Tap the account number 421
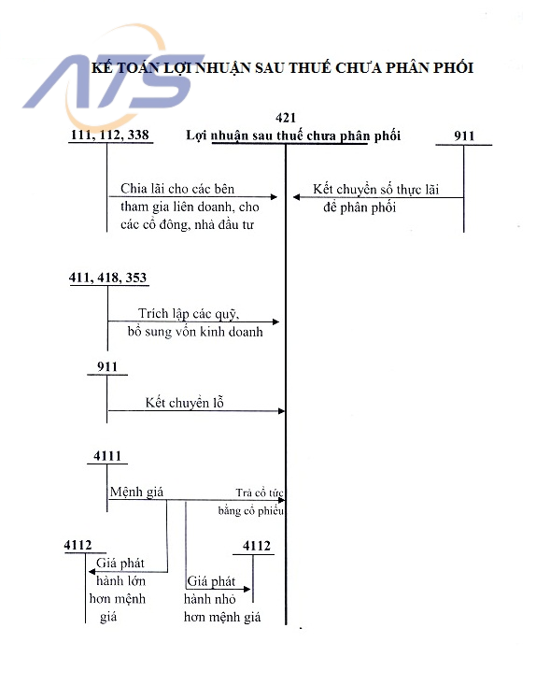(x=287, y=118)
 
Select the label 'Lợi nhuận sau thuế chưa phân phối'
(x=293, y=136)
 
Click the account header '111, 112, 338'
(x=110, y=136)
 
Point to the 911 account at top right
(x=464, y=136)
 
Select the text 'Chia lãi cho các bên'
(x=177, y=190)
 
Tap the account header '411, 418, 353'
(x=108, y=278)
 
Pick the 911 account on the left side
(x=107, y=366)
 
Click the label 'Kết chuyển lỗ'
(x=185, y=403)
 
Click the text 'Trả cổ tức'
(x=259, y=492)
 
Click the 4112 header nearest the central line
(x=256, y=546)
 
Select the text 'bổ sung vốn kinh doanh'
(x=195, y=331)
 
